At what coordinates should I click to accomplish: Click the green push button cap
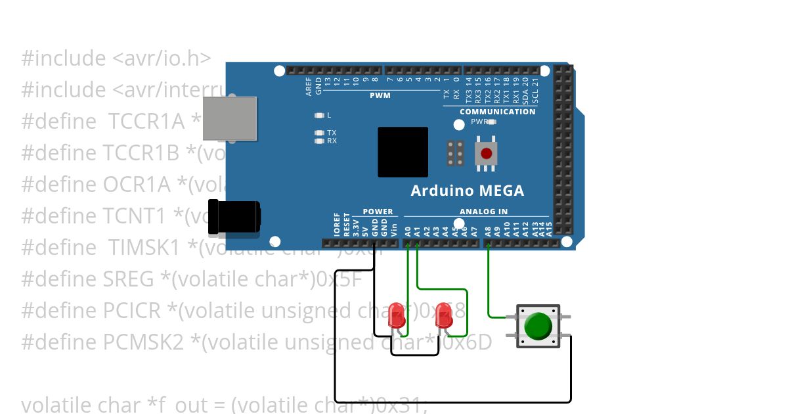tap(538, 327)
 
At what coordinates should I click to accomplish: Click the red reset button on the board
tap(486, 154)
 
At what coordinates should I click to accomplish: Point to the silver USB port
tap(229, 118)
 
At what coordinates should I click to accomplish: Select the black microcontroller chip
tap(403, 152)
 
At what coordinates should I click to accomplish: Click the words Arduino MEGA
tap(467, 191)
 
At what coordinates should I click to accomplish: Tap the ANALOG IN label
tap(483, 212)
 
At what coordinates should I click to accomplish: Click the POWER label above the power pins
tap(378, 212)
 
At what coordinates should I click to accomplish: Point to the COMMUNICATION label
tap(497, 112)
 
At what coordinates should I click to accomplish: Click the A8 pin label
tap(487, 231)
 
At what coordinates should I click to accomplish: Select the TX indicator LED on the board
tap(320, 133)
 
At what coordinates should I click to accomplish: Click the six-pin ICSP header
tap(456, 153)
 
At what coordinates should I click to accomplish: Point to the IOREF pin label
tap(338, 224)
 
